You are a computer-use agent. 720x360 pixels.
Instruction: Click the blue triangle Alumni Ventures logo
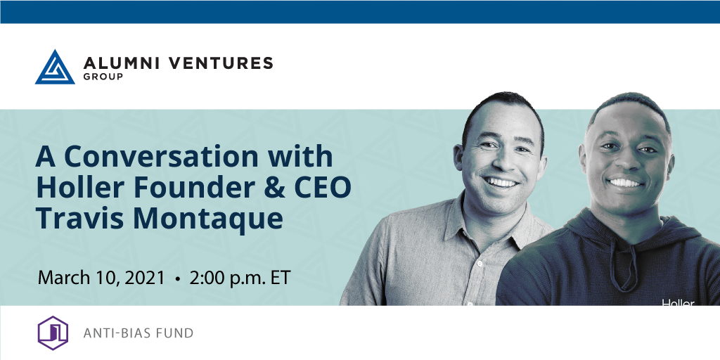pyautogui.click(x=55, y=68)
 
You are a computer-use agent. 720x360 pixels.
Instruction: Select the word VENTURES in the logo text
pyautogui.click(x=221, y=63)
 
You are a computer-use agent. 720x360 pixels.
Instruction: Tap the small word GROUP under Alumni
pyautogui.click(x=103, y=77)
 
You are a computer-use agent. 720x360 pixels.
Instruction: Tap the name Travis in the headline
pyautogui.click(x=79, y=219)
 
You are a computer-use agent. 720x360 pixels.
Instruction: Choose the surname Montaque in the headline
pyautogui.click(x=208, y=220)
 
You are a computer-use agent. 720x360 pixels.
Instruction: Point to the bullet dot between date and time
pyautogui.click(x=177, y=278)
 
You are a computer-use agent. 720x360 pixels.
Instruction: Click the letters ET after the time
pyautogui.click(x=281, y=278)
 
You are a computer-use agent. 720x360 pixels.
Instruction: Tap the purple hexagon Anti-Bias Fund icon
pyautogui.click(x=53, y=333)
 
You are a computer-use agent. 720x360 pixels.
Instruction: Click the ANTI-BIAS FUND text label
pyautogui.click(x=139, y=333)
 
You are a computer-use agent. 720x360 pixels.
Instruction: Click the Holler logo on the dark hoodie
pyautogui.click(x=679, y=302)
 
